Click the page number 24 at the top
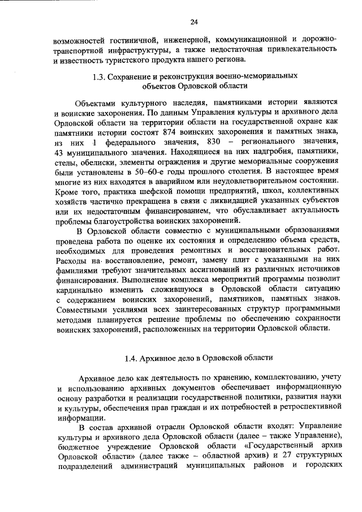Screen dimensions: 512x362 (x=194, y=22)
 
